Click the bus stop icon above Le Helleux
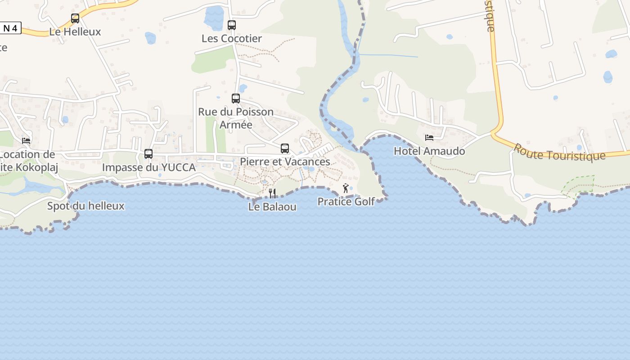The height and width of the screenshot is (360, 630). pyautogui.click(x=75, y=18)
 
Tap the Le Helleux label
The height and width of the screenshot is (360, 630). pyautogui.click(x=75, y=32)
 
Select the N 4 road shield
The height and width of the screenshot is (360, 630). pyautogui.click(x=10, y=28)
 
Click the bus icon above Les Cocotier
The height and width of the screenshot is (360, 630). pyautogui.click(x=232, y=25)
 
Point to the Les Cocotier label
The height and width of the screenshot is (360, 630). pyautogui.click(x=232, y=39)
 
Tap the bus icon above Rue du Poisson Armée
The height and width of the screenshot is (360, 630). pyautogui.click(x=236, y=99)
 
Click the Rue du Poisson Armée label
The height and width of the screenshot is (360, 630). pyautogui.click(x=236, y=118)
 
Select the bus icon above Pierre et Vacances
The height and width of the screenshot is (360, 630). pyautogui.click(x=285, y=148)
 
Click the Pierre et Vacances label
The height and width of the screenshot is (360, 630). pyautogui.click(x=285, y=162)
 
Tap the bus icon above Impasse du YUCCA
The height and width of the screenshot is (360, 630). pyautogui.click(x=148, y=154)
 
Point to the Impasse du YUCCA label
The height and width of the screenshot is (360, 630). pyautogui.click(x=148, y=167)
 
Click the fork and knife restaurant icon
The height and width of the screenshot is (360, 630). pyautogui.click(x=272, y=193)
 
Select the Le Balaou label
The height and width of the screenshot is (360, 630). pyautogui.click(x=272, y=207)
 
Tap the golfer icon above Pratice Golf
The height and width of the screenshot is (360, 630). pyautogui.click(x=346, y=188)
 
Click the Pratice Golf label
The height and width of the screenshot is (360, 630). pyautogui.click(x=346, y=202)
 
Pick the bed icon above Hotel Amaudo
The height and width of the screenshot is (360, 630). pyautogui.click(x=429, y=138)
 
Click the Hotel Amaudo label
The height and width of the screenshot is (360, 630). pyautogui.click(x=429, y=151)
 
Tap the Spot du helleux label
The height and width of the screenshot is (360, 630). pyautogui.click(x=85, y=206)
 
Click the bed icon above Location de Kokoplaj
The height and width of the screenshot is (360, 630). pyautogui.click(x=26, y=141)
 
